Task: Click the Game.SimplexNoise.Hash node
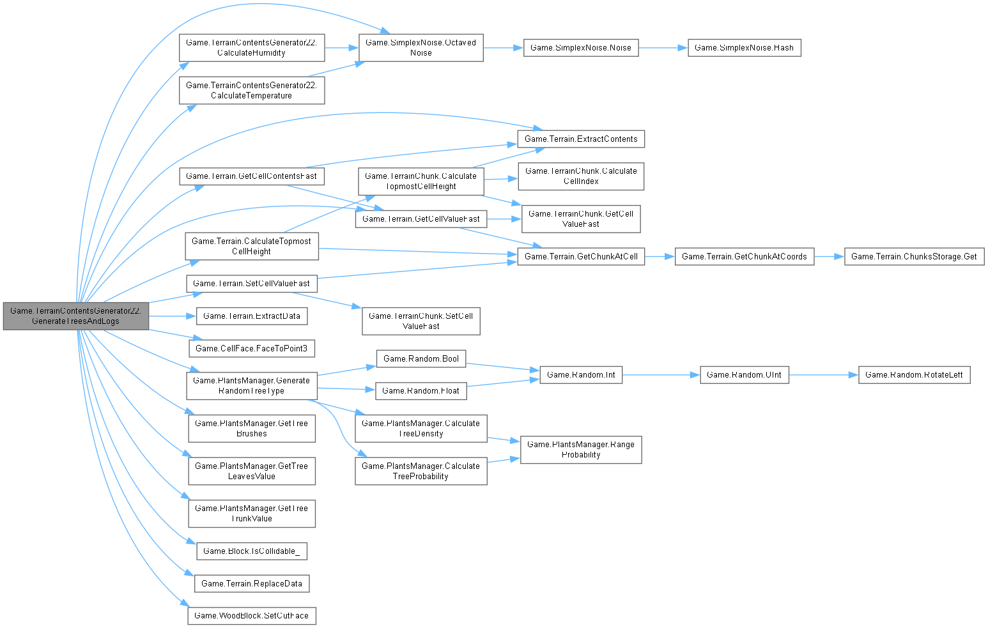(x=744, y=48)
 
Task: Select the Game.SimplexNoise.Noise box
(x=580, y=48)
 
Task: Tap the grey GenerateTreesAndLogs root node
(x=75, y=316)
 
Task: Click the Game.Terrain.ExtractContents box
(x=580, y=139)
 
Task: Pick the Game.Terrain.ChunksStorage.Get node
(x=914, y=256)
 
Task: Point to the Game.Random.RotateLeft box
(x=914, y=375)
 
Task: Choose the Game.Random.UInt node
(x=744, y=375)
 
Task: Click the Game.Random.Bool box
(x=421, y=359)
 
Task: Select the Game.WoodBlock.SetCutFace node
(x=251, y=616)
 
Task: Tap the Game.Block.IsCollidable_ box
(x=251, y=551)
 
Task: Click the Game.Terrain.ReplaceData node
(x=251, y=583)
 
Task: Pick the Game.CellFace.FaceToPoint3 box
(x=251, y=348)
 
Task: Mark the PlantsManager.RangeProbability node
(x=580, y=449)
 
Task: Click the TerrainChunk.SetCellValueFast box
(x=421, y=321)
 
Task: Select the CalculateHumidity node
(x=251, y=48)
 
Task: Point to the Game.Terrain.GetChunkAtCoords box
(x=744, y=256)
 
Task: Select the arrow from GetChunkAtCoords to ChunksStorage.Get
(x=829, y=256)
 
